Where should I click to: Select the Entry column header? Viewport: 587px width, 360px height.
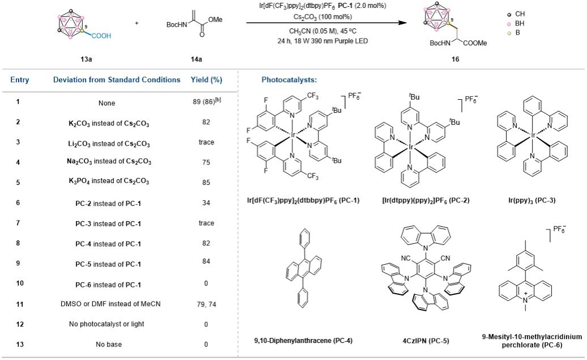point(20,80)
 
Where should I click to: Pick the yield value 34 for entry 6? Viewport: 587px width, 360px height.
point(206,201)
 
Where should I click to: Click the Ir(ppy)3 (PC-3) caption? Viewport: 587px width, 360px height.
point(534,200)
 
